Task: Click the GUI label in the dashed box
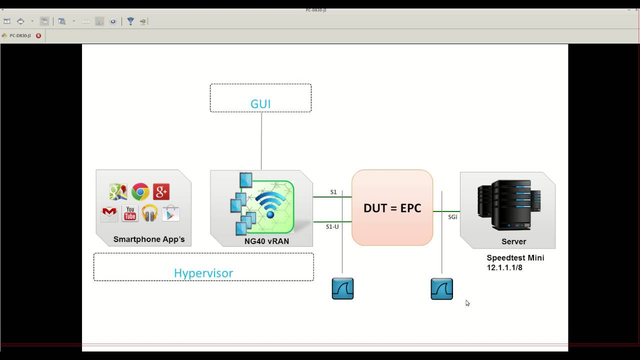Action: click(x=260, y=104)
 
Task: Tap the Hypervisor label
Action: click(x=203, y=273)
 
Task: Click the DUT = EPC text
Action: click(x=392, y=208)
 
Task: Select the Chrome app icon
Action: click(x=140, y=191)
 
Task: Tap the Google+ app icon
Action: click(x=161, y=191)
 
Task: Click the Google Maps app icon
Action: click(x=118, y=191)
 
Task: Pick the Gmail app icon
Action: click(x=109, y=213)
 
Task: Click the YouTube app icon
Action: click(x=130, y=213)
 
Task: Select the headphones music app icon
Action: click(x=149, y=213)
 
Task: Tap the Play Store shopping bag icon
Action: click(x=170, y=213)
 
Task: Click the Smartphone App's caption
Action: click(x=149, y=239)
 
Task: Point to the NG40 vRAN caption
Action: click(x=266, y=241)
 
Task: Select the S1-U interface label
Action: click(x=332, y=226)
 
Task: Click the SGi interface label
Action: click(x=452, y=217)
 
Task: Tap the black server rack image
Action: click(x=507, y=205)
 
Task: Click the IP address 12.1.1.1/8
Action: click(x=504, y=268)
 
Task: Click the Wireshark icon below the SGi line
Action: click(x=442, y=289)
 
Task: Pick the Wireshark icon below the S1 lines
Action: click(x=343, y=289)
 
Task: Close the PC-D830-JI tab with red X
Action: click(x=38, y=35)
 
